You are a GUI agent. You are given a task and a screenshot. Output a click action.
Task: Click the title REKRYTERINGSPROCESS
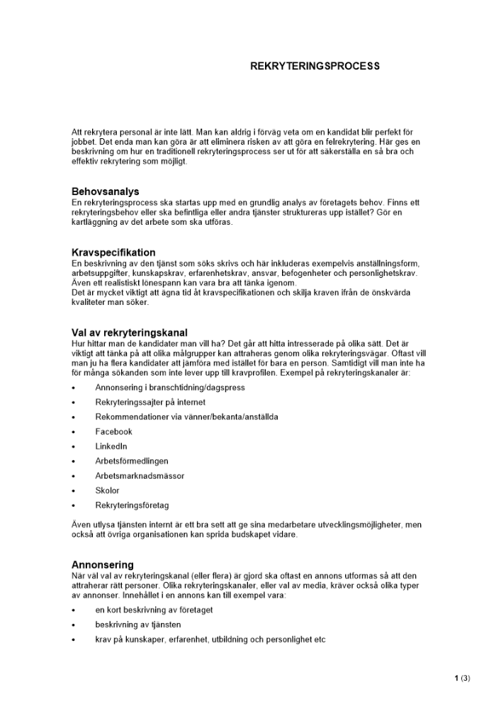(x=315, y=66)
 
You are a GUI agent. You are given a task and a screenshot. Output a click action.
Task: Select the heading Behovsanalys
(x=105, y=191)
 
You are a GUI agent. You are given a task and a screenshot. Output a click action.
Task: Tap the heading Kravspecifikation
(x=113, y=252)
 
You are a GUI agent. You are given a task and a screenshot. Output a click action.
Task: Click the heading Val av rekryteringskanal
(x=130, y=333)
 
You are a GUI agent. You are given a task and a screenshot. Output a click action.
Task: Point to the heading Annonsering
(x=103, y=564)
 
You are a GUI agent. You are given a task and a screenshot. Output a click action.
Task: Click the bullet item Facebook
(x=113, y=431)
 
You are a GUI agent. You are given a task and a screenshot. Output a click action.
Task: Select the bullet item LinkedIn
(x=111, y=446)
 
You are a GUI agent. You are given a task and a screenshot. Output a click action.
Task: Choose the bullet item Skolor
(x=107, y=491)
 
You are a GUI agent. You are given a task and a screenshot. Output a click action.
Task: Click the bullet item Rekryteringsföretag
(x=132, y=506)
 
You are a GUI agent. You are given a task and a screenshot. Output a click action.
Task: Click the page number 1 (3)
(x=462, y=678)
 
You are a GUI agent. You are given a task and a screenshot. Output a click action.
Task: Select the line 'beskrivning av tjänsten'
(x=137, y=625)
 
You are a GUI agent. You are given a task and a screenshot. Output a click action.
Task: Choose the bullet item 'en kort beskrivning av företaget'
(x=154, y=610)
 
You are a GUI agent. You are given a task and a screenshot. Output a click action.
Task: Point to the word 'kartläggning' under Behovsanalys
(x=95, y=222)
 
